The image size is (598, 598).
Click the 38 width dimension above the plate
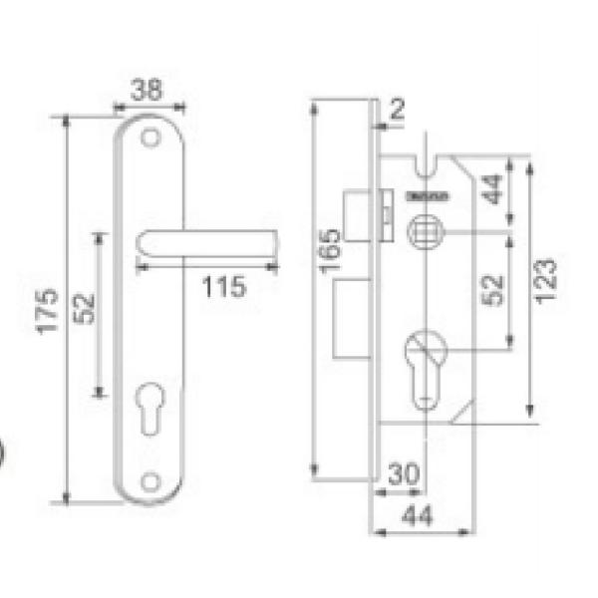pyautogui.click(x=148, y=90)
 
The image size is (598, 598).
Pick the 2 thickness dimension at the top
pyautogui.click(x=398, y=111)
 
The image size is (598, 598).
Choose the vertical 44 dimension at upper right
pyautogui.click(x=493, y=189)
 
